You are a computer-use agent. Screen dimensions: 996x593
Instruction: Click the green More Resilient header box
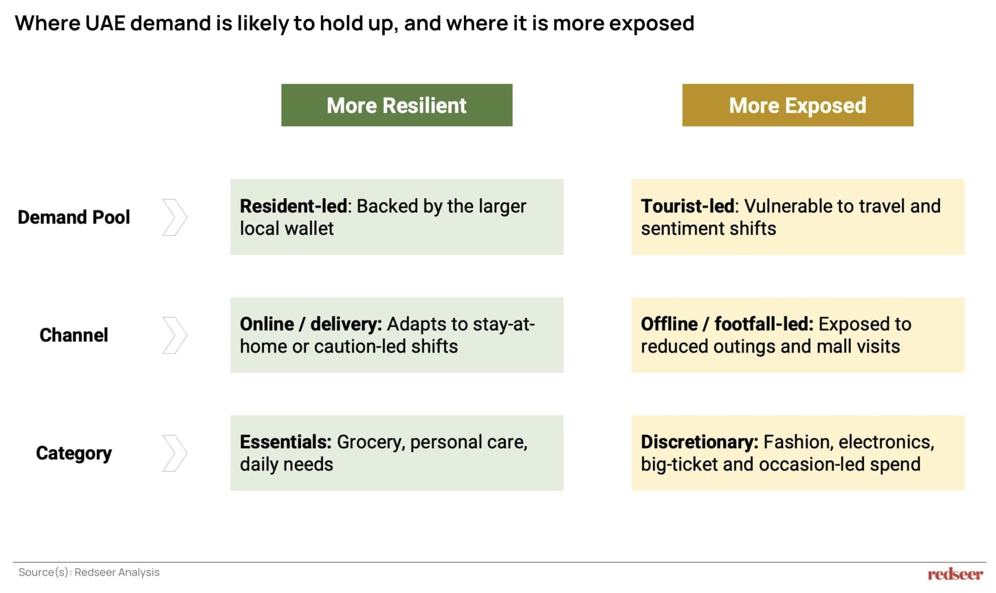pos(396,105)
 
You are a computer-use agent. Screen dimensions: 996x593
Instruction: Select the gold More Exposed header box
pos(798,105)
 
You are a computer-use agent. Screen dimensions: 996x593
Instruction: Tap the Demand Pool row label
pos(74,217)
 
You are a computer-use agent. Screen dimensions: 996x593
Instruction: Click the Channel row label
pos(74,335)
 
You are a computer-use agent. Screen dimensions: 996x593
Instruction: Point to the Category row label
pos(74,453)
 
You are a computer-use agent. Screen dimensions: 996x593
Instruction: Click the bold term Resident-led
pos(293,206)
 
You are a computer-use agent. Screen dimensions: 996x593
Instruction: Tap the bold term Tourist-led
pos(687,206)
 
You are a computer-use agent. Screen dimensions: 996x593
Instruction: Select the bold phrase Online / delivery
pos(311,324)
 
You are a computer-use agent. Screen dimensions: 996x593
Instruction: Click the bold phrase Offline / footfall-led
pos(727,324)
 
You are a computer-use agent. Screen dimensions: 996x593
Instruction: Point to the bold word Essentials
pos(285,442)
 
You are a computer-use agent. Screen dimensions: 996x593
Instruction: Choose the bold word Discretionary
pos(699,442)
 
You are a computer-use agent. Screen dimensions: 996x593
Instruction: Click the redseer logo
pos(955,574)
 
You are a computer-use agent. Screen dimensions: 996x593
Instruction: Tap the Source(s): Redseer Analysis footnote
pos(89,572)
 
